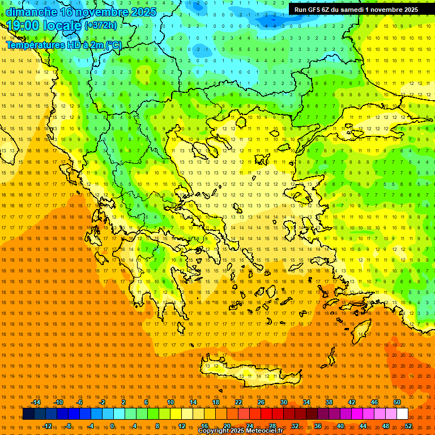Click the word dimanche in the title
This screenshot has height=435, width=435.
[x=32, y=12]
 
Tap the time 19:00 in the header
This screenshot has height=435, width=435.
[x=25, y=25]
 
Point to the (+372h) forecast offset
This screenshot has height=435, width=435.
[x=101, y=25]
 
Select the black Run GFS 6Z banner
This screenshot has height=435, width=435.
[x=356, y=9]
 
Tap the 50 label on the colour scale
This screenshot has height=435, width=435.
[x=397, y=402]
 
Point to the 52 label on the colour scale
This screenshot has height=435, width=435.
[x=408, y=426]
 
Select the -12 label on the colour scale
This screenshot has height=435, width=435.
[x=48, y=426]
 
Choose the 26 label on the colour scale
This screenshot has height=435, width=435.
[x=261, y=402]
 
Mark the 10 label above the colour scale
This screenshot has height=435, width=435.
[x=170, y=402]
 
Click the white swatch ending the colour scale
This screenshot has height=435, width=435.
[x=402, y=414]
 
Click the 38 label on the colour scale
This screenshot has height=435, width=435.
[x=329, y=402]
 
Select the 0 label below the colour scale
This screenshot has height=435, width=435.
[x=113, y=426]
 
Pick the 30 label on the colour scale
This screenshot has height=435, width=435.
[x=283, y=402]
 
